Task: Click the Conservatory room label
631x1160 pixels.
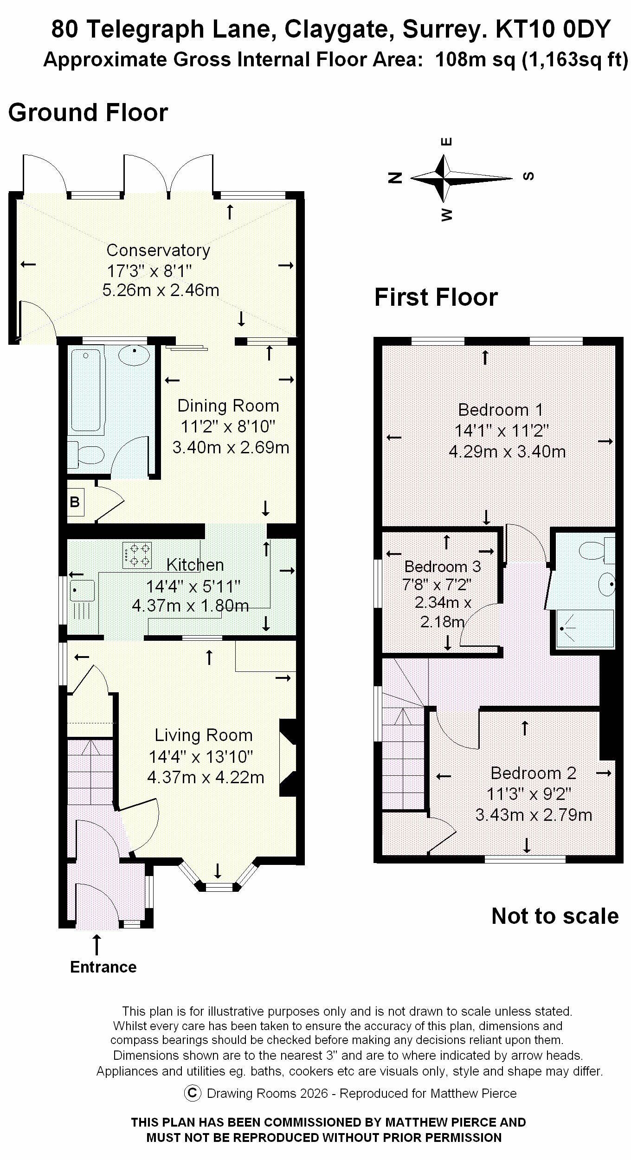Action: [158, 250]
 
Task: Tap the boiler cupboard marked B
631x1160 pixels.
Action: [75, 502]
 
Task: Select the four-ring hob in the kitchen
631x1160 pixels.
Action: [137, 555]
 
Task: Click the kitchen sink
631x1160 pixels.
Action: [82, 590]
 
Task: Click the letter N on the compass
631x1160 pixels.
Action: [395, 177]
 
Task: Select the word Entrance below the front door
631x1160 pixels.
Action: [103, 967]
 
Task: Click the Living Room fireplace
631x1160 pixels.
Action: [288, 758]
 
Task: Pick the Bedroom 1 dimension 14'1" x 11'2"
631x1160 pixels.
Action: [501, 431]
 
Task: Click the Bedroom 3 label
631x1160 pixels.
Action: [442, 566]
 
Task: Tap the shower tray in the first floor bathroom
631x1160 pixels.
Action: [585, 628]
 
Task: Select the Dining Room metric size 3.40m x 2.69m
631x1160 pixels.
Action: [231, 447]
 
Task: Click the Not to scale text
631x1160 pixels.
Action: [555, 916]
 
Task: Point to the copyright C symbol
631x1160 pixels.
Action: [193, 1093]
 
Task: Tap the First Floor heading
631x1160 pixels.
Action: [436, 297]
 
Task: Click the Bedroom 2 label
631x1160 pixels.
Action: [533, 773]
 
